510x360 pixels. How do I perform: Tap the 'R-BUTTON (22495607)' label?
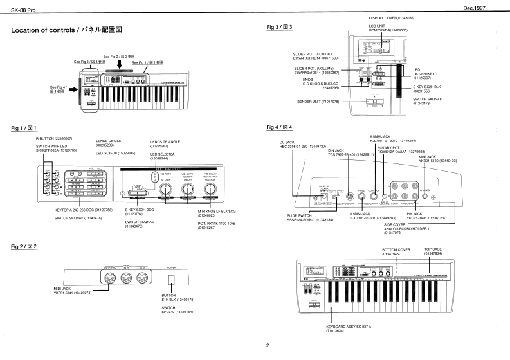pyautogui.click(x=55, y=139)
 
